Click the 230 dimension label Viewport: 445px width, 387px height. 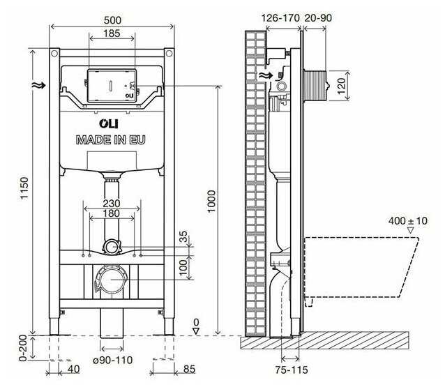click(x=112, y=203)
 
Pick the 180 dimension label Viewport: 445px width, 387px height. click(x=112, y=213)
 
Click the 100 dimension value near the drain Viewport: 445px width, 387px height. click(x=184, y=267)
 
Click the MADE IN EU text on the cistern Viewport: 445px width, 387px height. click(x=112, y=139)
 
